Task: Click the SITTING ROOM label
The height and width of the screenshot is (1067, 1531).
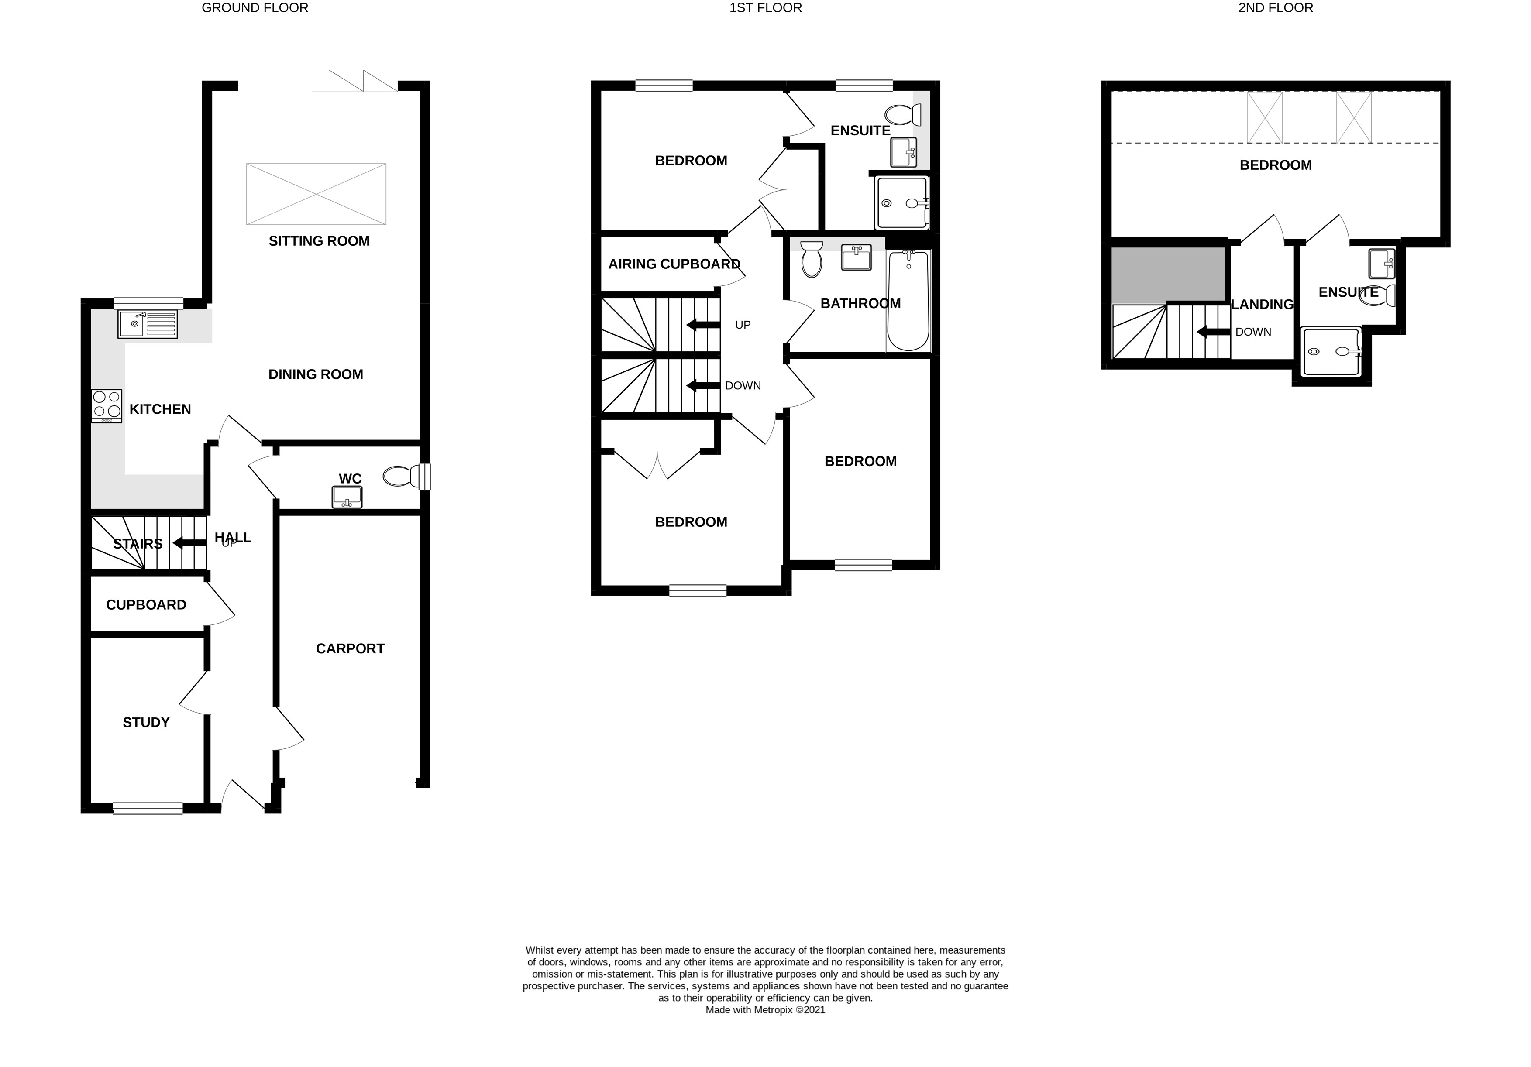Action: (319, 241)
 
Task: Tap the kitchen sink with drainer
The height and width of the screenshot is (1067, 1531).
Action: (148, 325)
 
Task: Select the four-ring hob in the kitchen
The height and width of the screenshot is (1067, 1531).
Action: (107, 406)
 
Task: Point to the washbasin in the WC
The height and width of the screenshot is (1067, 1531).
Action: (347, 497)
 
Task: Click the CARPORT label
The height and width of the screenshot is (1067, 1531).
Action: (350, 648)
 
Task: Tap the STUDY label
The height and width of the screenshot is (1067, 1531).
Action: (146, 722)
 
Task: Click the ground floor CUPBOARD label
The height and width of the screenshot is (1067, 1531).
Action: (146, 605)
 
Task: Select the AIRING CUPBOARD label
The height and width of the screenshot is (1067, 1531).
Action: (674, 264)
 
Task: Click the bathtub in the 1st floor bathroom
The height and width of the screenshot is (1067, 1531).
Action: (908, 301)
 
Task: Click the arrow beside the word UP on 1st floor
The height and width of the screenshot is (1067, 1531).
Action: (703, 325)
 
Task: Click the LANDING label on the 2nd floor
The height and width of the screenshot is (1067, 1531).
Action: (1262, 305)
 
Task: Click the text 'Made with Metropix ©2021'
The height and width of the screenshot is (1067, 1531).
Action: (766, 1010)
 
